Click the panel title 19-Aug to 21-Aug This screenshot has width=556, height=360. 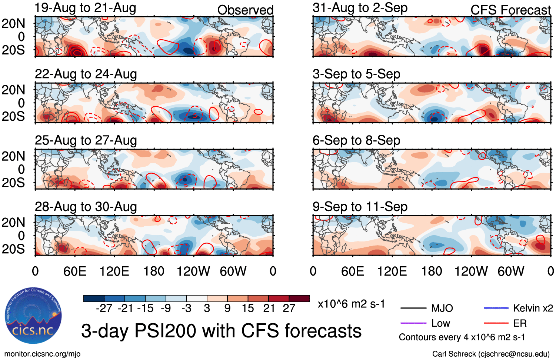pos(85,8)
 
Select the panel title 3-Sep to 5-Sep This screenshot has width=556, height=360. pos(356,74)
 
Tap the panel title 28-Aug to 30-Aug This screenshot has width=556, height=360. pos(86,207)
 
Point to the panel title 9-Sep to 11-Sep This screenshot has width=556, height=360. pos(360,207)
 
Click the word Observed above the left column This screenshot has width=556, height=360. pos(245,10)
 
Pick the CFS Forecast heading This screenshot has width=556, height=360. pos(510,10)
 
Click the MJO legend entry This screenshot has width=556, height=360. pos(442,308)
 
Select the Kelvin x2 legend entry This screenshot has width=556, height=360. pos(533,308)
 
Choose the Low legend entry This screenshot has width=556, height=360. pos(440,323)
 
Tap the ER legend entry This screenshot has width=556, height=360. pos(520,323)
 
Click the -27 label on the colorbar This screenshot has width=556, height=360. pos(104,308)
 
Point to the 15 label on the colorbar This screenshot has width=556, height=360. pos(248,308)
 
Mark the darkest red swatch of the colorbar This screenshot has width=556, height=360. pos(299,299)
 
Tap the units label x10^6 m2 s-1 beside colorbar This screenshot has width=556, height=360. pos(351,304)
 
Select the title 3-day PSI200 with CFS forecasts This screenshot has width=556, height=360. pos(221,331)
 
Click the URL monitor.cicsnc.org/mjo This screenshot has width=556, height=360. pos(42,354)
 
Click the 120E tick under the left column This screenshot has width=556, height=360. pos(114,271)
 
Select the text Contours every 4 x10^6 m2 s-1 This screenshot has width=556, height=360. pos(462,337)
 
